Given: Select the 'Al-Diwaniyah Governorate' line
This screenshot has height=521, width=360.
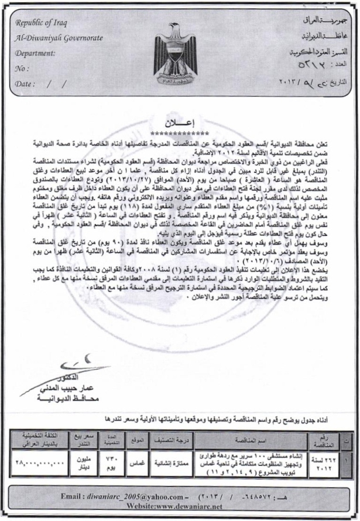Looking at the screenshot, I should (x=59, y=39).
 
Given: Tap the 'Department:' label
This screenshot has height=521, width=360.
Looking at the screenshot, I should (x=36, y=53).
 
